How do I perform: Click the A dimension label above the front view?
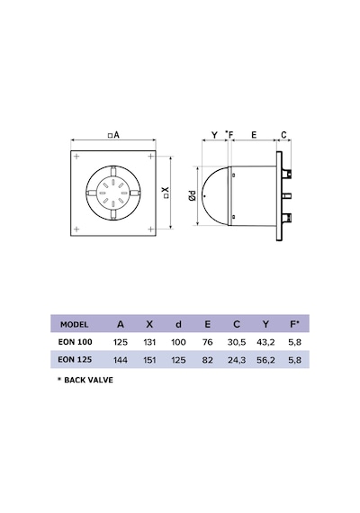[x=113, y=135]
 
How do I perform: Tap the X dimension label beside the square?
[x=166, y=192]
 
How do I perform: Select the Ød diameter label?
[x=193, y=195]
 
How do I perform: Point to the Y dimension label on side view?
[x=214, y=135]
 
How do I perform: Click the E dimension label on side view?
[x=254, y=135]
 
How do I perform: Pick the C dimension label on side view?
[x=283, y=135]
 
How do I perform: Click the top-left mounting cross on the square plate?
[x=76, y=157]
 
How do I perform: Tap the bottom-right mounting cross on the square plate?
[x=150, y=229]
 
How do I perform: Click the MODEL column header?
[x=75, y=325]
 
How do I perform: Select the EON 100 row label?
[x=76, y=342]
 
